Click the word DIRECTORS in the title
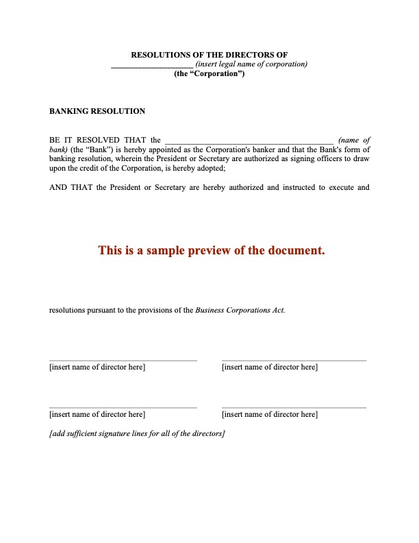(242, 54)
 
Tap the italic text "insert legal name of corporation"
(252, 64)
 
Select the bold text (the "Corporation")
(209, 73)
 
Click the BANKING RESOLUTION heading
(97, 111)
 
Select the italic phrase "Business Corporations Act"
(240, 310)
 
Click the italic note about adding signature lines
(138, 434)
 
